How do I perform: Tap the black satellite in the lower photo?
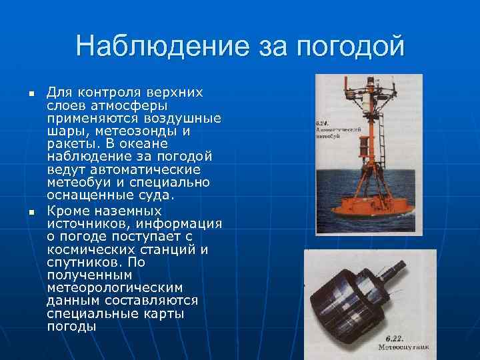(360, 297)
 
